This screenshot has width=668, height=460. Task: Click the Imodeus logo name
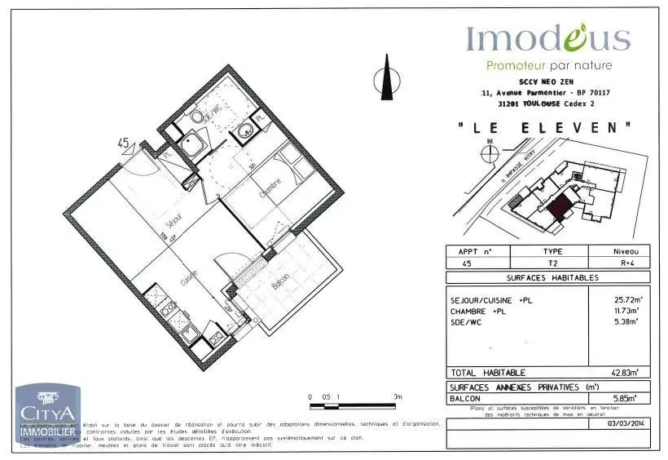[547, 38]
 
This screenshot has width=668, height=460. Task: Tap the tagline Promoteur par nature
[548, 65]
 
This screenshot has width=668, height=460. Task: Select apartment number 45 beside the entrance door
[124, 144]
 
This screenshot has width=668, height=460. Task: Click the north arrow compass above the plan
[387, 80]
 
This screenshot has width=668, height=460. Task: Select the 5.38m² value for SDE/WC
[625, 322]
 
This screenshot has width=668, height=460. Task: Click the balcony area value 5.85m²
[625, 398]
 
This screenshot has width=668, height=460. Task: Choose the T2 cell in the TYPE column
[552, 263]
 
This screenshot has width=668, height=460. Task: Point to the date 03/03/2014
[625, 423]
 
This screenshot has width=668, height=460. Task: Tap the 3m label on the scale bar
[398, 396]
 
